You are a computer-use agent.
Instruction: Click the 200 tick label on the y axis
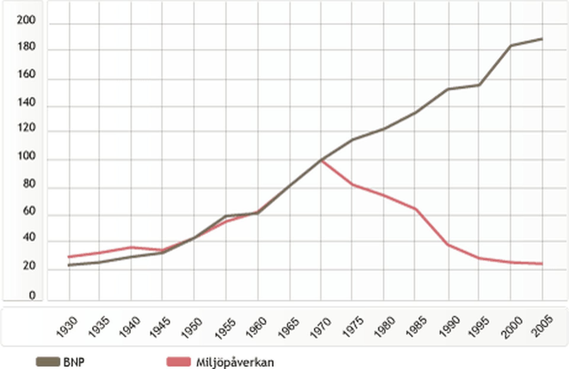pos(26,20)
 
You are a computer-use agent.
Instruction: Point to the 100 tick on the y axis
pos(26,156)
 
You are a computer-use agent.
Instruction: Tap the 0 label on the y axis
pos(32,296)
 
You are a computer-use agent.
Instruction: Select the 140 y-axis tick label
pos(26,103)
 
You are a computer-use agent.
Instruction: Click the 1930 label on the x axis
pos(67,327)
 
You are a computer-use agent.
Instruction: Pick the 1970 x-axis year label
pos(320,328)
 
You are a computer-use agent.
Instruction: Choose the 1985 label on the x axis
pos(416,327)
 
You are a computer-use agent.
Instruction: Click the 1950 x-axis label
pos(192,328)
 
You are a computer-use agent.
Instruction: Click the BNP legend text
pos(74,362)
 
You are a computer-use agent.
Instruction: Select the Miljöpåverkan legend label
pos(235,362)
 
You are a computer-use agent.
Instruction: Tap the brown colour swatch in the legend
pos(48,362)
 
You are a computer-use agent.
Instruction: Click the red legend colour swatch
pos(178,362)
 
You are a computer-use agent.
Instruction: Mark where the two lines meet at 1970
pos(321,160)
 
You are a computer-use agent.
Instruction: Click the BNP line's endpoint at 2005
pos(542,39)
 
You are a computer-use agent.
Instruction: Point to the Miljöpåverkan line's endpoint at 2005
pos(542,264)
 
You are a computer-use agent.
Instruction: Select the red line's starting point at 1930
pos(69,257)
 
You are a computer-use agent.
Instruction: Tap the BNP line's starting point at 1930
pos(69,265)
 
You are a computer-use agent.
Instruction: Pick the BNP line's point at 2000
pos(511,46)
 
